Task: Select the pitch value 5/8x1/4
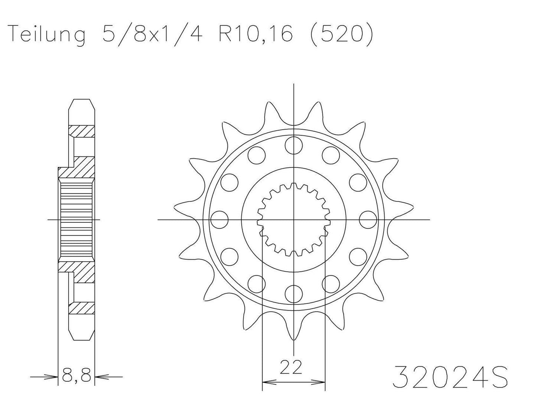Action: tap(152, 35)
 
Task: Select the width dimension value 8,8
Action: tap(76, 374)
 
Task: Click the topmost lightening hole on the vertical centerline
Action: tap(294, 145)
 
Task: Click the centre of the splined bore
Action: tap(294, 220)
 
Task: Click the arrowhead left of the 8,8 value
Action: tap(54, 376)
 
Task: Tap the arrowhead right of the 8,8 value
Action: tap(99, 376)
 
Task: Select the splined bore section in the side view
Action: tap(76, 220)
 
